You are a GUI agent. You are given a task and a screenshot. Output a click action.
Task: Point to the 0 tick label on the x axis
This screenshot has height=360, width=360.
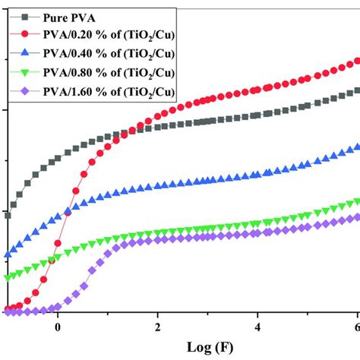[x=57, y=328]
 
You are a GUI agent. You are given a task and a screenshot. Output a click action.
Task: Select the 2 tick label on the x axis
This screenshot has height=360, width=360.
[x=157, y=328]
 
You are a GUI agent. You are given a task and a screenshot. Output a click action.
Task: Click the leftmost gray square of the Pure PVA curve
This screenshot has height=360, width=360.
[x=8, y=216]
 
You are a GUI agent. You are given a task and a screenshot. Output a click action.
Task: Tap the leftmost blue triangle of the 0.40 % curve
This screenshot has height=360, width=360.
[x=8, y=255]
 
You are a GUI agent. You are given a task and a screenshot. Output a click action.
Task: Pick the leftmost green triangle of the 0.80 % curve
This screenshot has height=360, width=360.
[x=8, y=278]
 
